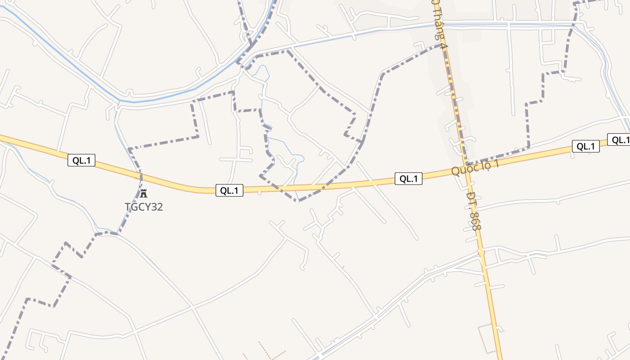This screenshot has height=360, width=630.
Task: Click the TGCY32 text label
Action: tap(144, 207)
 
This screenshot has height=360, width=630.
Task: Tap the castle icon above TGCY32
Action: tap(144, 194)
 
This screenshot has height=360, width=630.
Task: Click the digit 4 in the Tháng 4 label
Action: tap(444, 45)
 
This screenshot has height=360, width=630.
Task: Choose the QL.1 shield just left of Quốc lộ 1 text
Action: tap(409, 179)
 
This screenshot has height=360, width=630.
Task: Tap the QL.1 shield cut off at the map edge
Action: tap(620, 140)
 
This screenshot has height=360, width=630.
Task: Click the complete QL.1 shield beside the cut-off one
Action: tap(586, 146)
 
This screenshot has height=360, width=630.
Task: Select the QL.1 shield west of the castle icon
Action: tap(81, 160)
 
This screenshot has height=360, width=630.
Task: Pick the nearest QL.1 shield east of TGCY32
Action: tap(229, 190)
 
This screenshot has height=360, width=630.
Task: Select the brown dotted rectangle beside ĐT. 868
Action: tap(486, 338)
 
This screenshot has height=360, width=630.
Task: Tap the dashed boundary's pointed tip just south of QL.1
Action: tap(299, 201)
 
